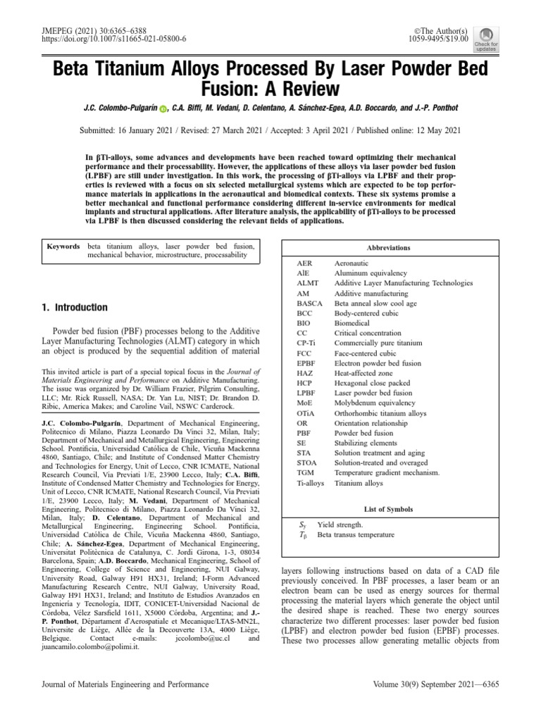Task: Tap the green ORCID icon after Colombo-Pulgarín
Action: click(163, 109)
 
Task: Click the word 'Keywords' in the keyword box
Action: click(63, 247)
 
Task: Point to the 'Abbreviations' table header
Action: click(388, 248)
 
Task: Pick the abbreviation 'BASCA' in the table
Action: click(310, 303)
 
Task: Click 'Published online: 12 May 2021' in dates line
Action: click(397, 130)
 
